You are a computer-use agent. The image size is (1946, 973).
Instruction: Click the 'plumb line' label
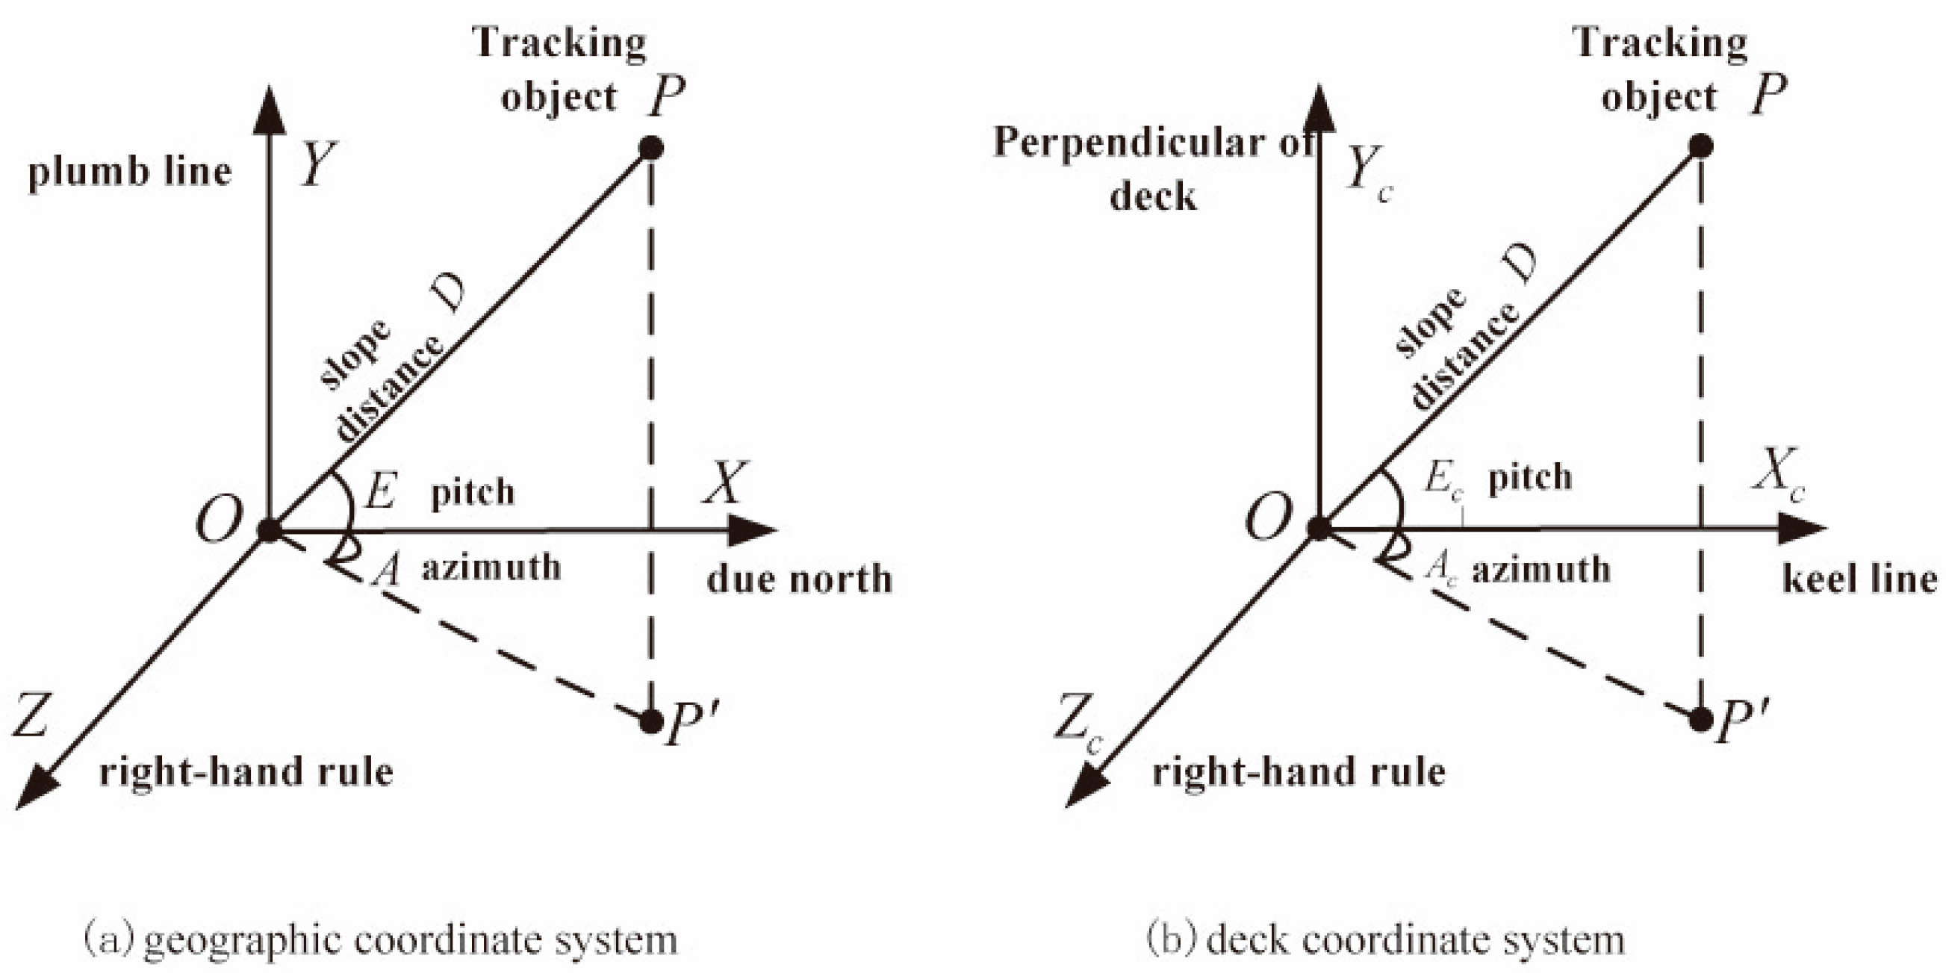[129, 172]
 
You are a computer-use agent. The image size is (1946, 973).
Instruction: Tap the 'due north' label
[799, 579]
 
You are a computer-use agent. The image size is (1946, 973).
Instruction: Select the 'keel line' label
[1860, 579]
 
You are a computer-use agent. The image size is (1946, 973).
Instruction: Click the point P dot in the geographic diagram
[651, 147]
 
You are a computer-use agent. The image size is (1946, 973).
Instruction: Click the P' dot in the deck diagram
[1700, 720]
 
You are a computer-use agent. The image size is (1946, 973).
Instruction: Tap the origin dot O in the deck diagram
[1319, 527]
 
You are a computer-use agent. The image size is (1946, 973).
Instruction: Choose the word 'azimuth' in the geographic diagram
[491, 568]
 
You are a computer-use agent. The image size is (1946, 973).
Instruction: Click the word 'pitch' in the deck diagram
[1530, 478]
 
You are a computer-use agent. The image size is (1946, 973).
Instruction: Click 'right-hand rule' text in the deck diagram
[1298, 772]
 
